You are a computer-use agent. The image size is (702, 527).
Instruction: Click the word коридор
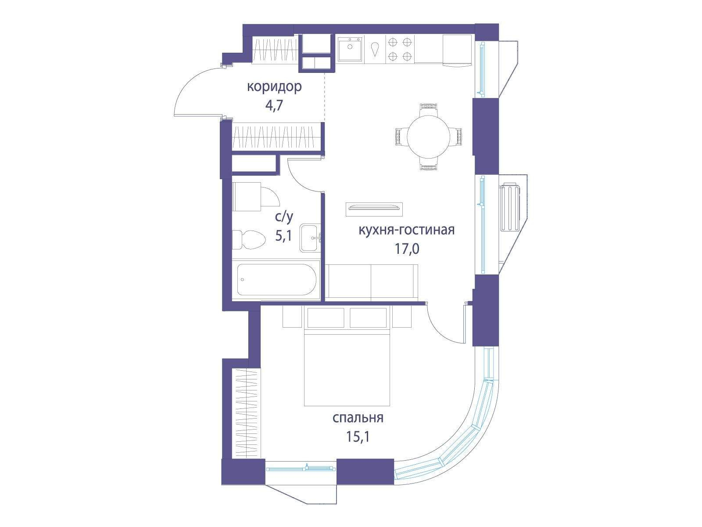click(x=274, y=87)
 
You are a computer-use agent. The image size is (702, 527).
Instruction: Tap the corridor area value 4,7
click(x=274, y=105)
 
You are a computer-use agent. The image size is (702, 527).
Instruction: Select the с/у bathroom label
click(x=284, y=217)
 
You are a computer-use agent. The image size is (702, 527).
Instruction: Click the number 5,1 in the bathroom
click(x=283, y=236)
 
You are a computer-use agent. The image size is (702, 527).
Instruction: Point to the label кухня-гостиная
click(x=406, y=230)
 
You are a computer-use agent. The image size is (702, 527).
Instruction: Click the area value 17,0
click(x=407, y=249)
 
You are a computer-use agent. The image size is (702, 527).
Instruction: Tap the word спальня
click(x=358, y=418)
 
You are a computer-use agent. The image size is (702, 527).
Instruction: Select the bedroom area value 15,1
click(x=358, y=437)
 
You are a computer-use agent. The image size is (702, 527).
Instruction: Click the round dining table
click(x=429, y=136)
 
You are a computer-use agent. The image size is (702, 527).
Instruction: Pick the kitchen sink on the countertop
click(x=350, y=49)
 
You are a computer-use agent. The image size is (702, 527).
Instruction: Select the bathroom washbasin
click(x=310, y=238)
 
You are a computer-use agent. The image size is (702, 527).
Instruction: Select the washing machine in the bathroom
click(x=246, y=196)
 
